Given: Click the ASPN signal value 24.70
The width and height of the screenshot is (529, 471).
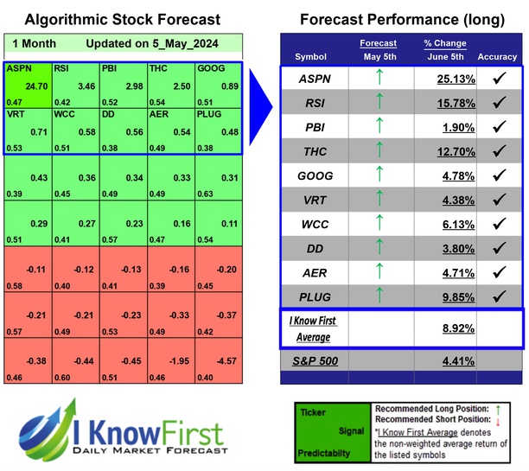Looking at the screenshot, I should [34, 86].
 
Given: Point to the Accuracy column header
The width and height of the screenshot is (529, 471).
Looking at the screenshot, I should [497, 57].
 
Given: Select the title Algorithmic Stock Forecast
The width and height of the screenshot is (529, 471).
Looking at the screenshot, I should [122, 19].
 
